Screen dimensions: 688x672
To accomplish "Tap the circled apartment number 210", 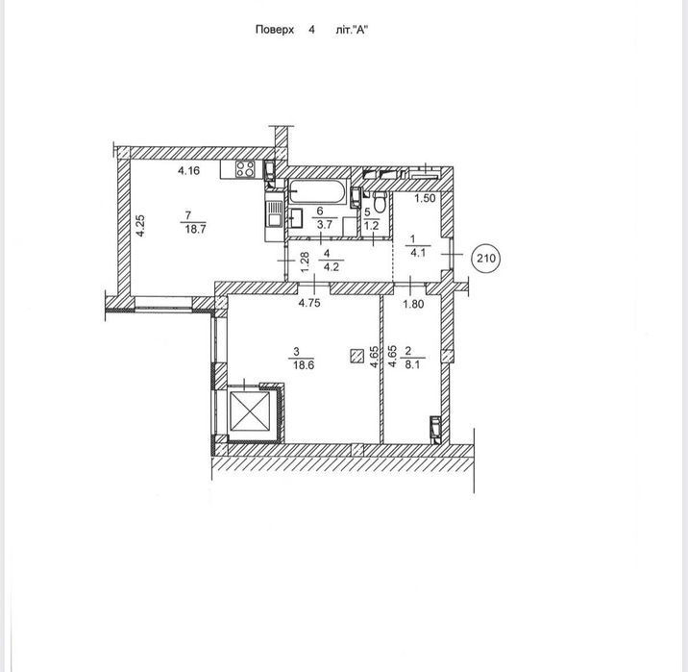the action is pyautogui.click(x=486, y=258).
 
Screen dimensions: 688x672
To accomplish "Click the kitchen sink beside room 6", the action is pyautogui.click(x=273, y=214).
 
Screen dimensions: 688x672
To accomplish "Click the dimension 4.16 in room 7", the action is pyautogui.click(x=188, y=172).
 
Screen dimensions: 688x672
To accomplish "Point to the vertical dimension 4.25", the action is pyautogui.click(x=140, y=226).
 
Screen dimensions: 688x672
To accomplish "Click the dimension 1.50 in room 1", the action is pyautogui.click(x=426, y=199).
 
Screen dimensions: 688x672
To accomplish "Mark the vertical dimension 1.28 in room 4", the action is pyautogui.click(x=305, y=261).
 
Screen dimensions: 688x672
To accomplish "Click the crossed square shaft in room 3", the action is pyautogui.click(x=253, y=413).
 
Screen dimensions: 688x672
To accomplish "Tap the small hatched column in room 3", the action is pyautogui.click(x=357, y=356).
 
